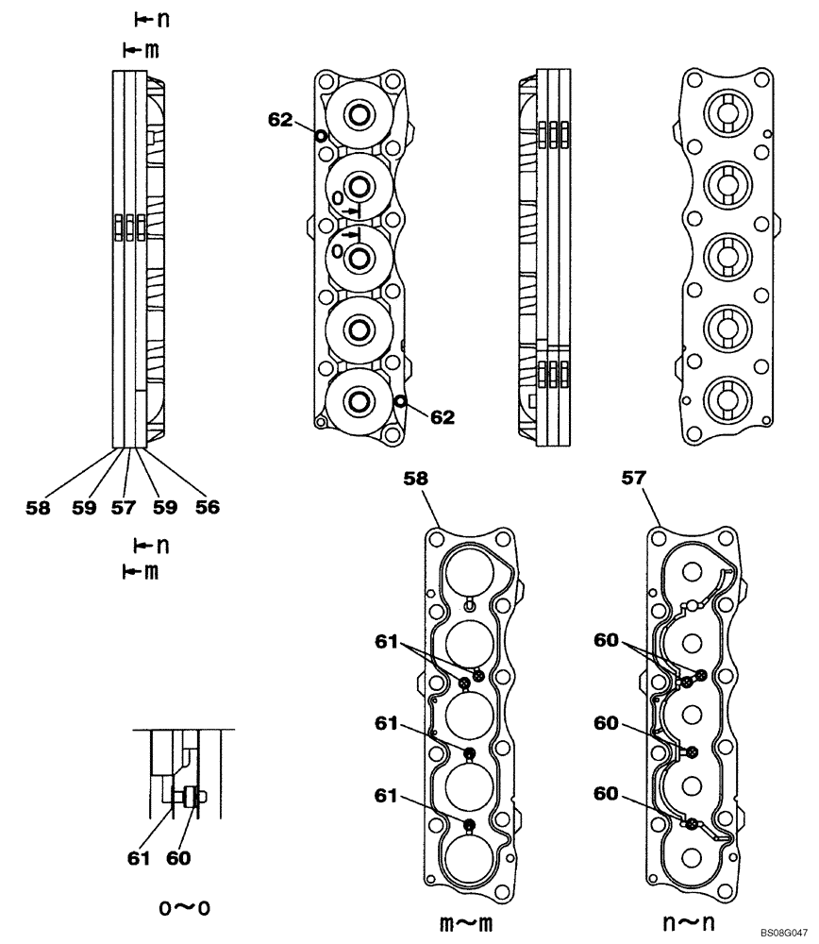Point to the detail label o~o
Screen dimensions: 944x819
(x=185, y=908)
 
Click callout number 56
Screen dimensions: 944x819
(x=208, y=507)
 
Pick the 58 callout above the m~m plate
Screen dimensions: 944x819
(x=416, y=480)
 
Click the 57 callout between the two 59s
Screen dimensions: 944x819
(x=124, y=507)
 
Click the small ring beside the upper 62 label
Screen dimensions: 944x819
(x=321, y=136)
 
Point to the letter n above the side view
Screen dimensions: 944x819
(x=150, y=20)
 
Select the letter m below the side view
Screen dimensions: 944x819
(x=150, y=571)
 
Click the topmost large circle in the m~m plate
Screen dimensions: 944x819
(x=470, y=573)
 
